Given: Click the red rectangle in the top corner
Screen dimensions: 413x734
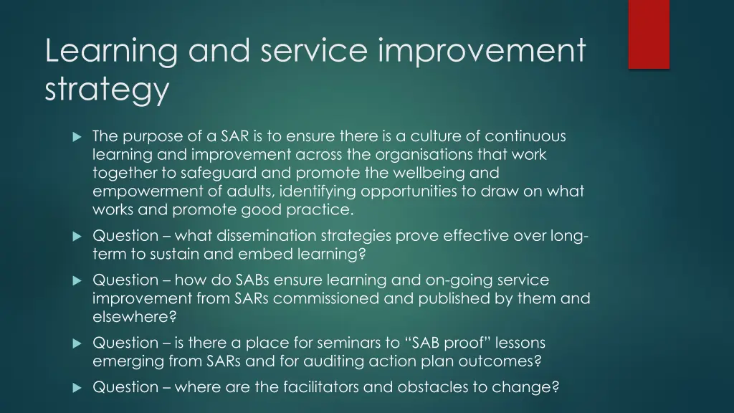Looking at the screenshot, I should coord(649,34).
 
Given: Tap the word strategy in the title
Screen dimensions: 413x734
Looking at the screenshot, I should coord(107,90).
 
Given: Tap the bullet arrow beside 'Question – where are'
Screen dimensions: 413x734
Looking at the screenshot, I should coord(77,388).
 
